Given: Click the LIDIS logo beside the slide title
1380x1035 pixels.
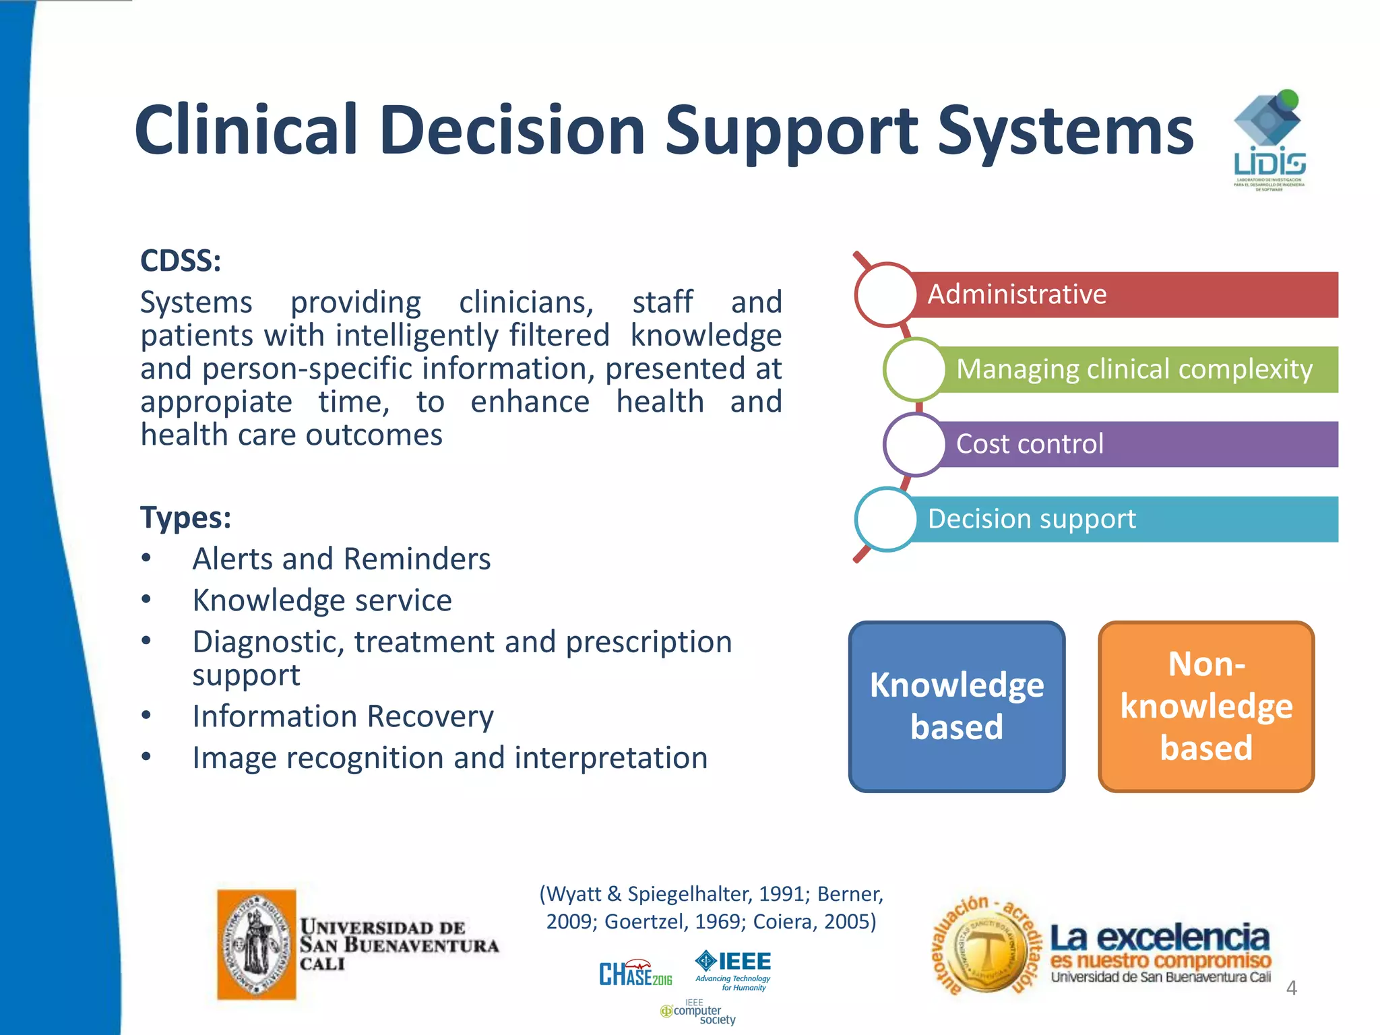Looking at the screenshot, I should [x=1269, y=140].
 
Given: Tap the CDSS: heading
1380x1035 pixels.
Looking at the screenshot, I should [x=181, y=261].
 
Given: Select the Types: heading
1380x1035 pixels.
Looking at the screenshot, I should [x=185, y=517].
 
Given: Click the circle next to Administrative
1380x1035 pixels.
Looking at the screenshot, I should [x=886, y=294].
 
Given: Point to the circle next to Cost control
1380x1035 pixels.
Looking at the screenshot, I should [x=914, y=444].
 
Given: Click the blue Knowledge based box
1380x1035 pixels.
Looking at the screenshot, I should [x=956, y=705].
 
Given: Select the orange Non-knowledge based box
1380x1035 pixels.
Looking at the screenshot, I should [x=1205, y=705].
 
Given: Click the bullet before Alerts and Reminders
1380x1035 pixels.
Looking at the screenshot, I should [x=146, y=559].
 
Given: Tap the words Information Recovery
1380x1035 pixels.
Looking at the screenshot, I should [x=343, y=716].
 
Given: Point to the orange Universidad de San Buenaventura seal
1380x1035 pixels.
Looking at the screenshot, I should [x=257, y=944].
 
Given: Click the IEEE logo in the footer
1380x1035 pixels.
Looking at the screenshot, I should [x=733, y=969].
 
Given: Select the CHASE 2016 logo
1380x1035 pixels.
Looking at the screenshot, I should [x=635, y=974].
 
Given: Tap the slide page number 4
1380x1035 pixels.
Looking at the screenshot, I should [x=1291, y=988].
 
